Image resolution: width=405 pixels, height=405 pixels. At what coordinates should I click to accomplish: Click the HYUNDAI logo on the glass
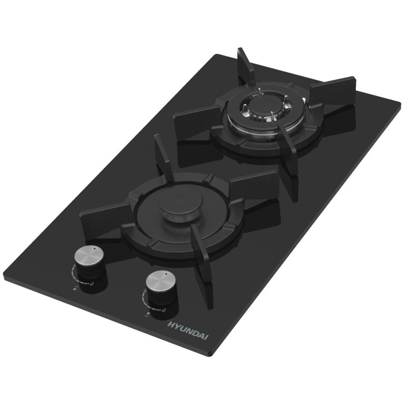(x=188, y=330)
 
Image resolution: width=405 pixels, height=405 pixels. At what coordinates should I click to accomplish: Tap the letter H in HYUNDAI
(x=171, y=325)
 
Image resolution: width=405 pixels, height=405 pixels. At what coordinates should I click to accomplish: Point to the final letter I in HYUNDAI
(x=207, y=337)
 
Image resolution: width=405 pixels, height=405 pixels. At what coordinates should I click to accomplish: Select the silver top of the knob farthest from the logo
(x=89, y=257)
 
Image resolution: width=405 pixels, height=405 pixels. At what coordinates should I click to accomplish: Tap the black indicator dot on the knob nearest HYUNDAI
(x=166, y=273)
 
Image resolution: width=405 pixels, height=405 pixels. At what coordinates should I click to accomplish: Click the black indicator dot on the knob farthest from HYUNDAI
(x=94, y=248)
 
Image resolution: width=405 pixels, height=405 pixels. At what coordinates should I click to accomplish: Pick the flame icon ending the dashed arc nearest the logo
(x=164, y=310)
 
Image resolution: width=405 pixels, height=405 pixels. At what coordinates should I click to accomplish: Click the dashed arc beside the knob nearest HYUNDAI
(x=145, y=302)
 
